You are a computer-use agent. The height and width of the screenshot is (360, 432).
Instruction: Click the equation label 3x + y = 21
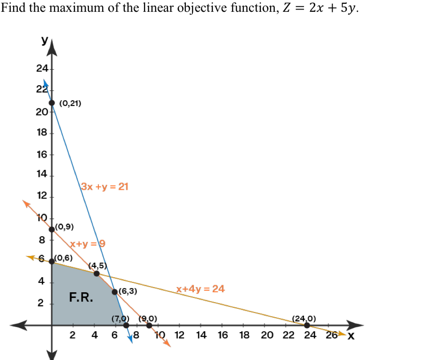click(104, 186)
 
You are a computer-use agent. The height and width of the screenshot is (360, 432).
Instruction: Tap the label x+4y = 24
click(200, 289)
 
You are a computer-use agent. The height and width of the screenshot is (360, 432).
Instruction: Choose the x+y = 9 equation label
click(88, 244)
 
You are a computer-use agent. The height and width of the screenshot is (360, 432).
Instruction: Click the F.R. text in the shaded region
click(81, 297)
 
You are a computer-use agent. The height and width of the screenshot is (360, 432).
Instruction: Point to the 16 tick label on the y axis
click(42, 154)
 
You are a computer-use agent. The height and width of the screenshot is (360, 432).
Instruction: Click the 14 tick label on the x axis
click(201, 336)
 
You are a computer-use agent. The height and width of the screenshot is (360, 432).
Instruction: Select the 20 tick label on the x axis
click(267, 336)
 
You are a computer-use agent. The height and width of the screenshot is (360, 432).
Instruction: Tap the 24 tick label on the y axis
click(42, 69)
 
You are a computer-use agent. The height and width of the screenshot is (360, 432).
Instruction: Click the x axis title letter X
click(351, 336)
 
